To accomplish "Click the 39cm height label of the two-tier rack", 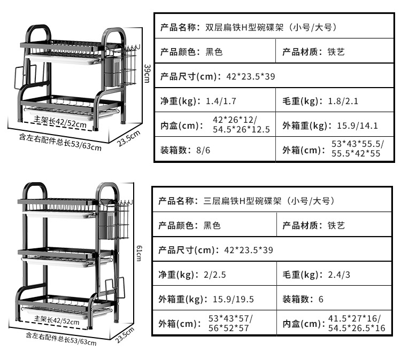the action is click(x=147, y=74).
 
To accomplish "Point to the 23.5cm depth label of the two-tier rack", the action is click(x=128, y=137).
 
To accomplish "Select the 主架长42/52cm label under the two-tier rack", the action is click(x=60, y=122).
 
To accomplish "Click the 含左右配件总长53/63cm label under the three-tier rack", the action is click(x=61, y=338).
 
